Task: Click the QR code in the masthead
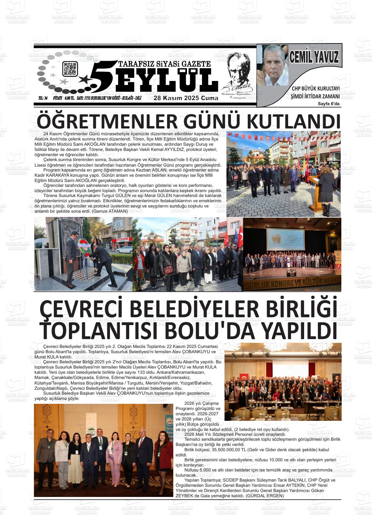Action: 70,69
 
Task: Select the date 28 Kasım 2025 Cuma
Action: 186,98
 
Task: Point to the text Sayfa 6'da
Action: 329,104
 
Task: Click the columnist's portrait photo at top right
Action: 272,65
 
